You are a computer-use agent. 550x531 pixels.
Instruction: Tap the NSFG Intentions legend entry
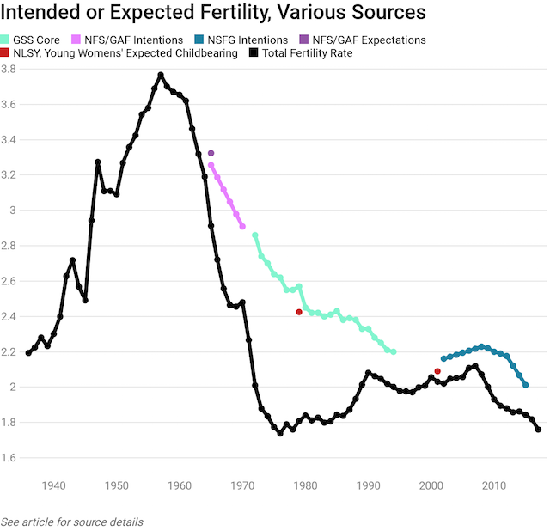point(249,40)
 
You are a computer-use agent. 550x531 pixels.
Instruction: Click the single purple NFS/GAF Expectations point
point(211,153)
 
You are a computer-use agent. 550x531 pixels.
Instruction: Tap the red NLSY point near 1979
point(299,312)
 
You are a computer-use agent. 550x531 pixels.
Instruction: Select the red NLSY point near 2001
point(437,371)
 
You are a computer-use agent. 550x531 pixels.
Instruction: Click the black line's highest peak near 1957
point(161,75)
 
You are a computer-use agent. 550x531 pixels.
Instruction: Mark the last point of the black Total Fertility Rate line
point(538,430)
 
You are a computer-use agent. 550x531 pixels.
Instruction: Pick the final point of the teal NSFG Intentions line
point(525,385)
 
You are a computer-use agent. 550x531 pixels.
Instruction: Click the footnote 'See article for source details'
point(72,522)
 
